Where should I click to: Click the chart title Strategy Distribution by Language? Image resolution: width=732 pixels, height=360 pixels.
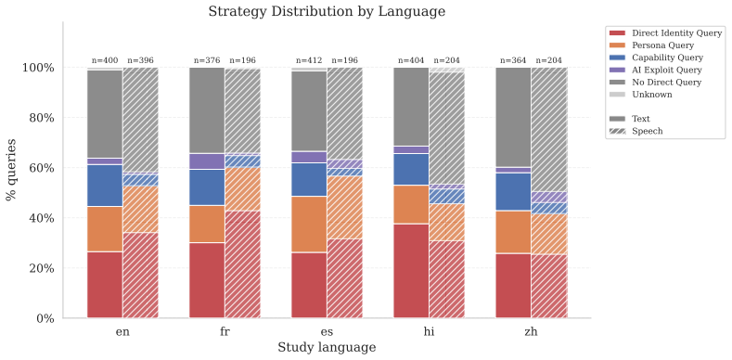coord(327,11)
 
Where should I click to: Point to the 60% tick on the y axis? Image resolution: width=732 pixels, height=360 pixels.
coord(38,168)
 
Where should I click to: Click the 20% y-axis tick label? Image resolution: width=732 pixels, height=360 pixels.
coord(38,268)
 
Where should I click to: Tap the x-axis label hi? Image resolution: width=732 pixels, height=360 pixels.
coord(429,332)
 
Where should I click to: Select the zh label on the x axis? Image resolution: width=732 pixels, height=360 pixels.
coord(532,332)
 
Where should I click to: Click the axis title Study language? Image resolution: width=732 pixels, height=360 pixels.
coord(327,348)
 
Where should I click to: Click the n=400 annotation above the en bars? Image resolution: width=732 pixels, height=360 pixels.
coord(105,60)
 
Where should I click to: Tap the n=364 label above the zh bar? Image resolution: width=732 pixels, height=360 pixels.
coord(514,60)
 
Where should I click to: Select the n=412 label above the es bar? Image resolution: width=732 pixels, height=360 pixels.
coord(310,60)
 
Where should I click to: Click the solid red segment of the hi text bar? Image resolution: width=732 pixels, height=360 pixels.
coord(411,271)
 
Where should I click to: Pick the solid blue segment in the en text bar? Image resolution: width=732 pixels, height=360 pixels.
coord(105,186)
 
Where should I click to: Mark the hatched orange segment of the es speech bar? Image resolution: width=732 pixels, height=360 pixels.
coord(345,207)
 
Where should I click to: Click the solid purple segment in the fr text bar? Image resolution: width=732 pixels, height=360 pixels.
coord(207,161)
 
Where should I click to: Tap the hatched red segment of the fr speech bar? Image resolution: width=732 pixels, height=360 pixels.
coord(243,264)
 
